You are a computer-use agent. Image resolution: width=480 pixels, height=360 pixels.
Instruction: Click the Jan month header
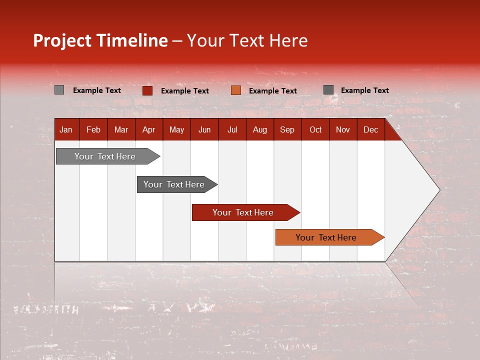pos(66,129)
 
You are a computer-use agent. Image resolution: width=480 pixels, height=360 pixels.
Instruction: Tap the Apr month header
pos(148,129)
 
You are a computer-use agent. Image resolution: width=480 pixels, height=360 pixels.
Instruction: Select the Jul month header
pos(232,129)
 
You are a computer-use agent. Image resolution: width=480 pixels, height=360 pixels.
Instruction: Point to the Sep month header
pos(287,129)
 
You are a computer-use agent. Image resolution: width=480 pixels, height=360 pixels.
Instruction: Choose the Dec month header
pos(370,129)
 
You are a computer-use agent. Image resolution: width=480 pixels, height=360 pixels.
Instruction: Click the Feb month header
pos(93,129)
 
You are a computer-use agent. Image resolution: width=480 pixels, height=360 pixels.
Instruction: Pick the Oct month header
pos(315,129)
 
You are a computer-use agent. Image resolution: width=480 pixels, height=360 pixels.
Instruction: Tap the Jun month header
pos(204,129)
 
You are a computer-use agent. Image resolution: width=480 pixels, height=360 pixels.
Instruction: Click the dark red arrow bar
pos(243,212)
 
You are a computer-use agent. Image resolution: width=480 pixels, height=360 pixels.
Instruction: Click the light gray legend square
pos(59,90)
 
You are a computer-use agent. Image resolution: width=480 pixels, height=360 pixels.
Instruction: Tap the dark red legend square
pos(147,90)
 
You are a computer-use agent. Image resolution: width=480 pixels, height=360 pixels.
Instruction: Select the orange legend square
pos(236,90)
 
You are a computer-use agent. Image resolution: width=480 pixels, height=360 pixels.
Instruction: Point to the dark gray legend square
pos(328,90)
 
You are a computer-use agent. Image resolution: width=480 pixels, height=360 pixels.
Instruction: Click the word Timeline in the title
pos(132,40)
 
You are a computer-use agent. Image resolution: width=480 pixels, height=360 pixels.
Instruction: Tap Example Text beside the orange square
pos(272,90)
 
